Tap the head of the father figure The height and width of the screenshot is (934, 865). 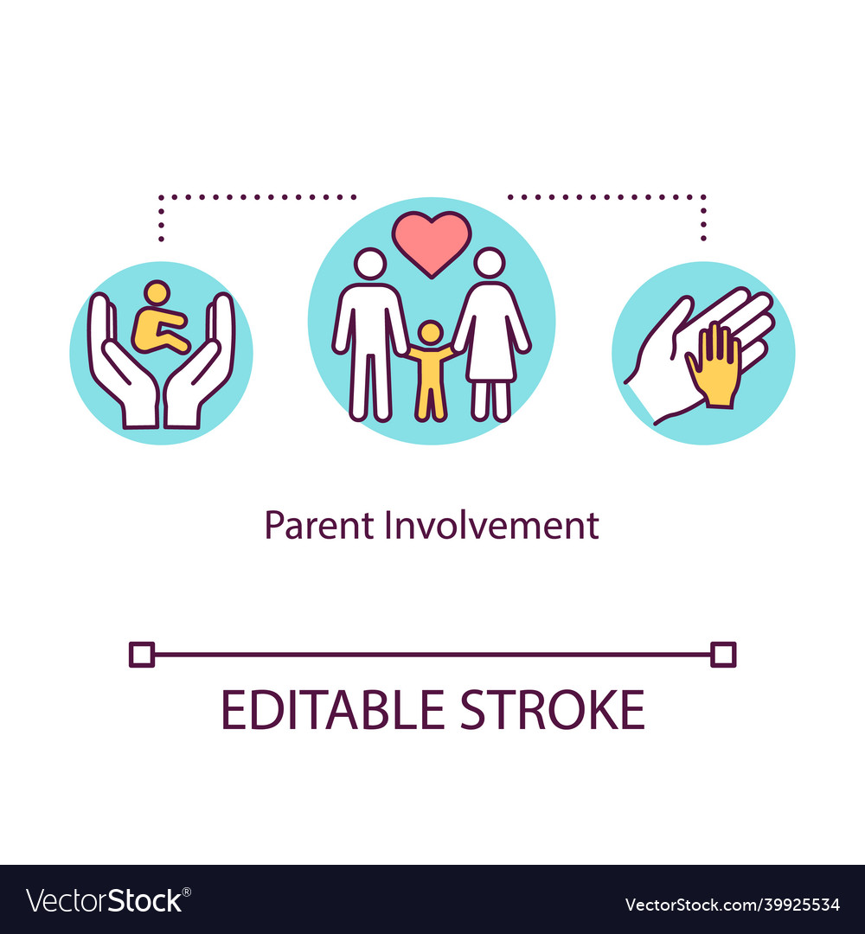coord(370,263)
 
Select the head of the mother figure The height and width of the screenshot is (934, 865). coord(490,263)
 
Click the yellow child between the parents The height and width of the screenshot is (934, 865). coord(430,370)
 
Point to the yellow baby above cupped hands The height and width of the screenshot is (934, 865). coord(158,318)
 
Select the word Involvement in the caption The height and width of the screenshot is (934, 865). coord(491,526)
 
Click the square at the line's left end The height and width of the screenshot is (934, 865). coord(142,655)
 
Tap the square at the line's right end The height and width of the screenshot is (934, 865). coord(723,655)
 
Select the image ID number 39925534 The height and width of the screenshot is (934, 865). coord(790,905)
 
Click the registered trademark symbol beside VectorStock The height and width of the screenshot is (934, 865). coord(187,892)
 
